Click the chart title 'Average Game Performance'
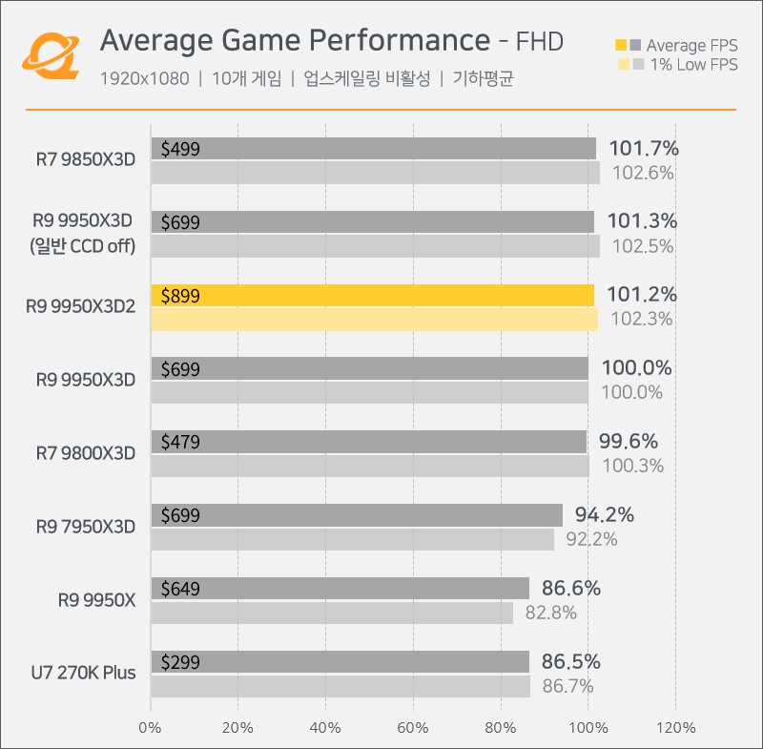(x=294, y=41)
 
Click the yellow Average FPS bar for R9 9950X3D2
(x=372, y=296)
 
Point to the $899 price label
(x=180, y=296)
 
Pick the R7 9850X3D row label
(x=86, y=159)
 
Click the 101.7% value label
(x=642, y=148)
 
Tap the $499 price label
(x=180, y=148)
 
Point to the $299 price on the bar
(x=180, y=662)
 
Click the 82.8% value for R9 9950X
(x=550, y=613)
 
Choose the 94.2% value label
(x=605, y=515)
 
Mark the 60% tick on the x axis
(x=413, y=728)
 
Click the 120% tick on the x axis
(x=675, y=728)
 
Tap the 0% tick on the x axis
(x=151, y=728)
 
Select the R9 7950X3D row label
(x=86, y=527)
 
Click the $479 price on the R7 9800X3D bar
(x=180, y=442)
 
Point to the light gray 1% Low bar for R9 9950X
(x=332, y=613)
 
